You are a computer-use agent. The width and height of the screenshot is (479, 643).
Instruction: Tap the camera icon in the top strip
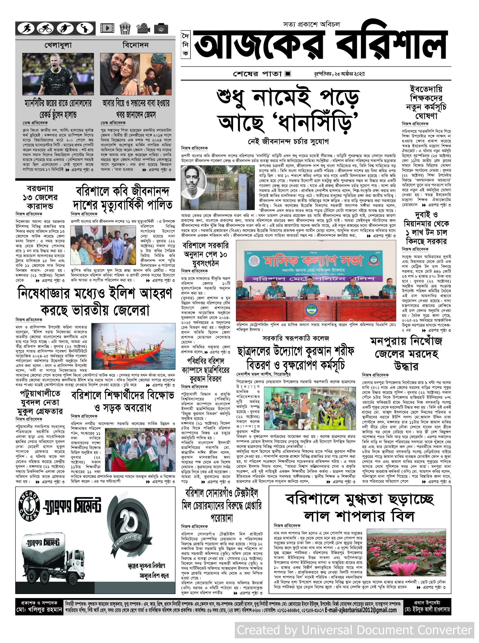tap(161, 28)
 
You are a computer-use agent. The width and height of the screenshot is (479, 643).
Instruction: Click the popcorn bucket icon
tap(125, 28)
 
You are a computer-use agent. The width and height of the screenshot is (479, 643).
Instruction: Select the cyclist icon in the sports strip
tap(45, 28)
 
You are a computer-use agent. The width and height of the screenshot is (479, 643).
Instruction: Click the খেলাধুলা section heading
tap(58, 45)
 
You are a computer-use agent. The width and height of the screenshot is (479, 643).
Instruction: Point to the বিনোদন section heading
tap(135, 45)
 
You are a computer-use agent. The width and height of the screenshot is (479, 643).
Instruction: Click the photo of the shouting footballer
tap(58, 74)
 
